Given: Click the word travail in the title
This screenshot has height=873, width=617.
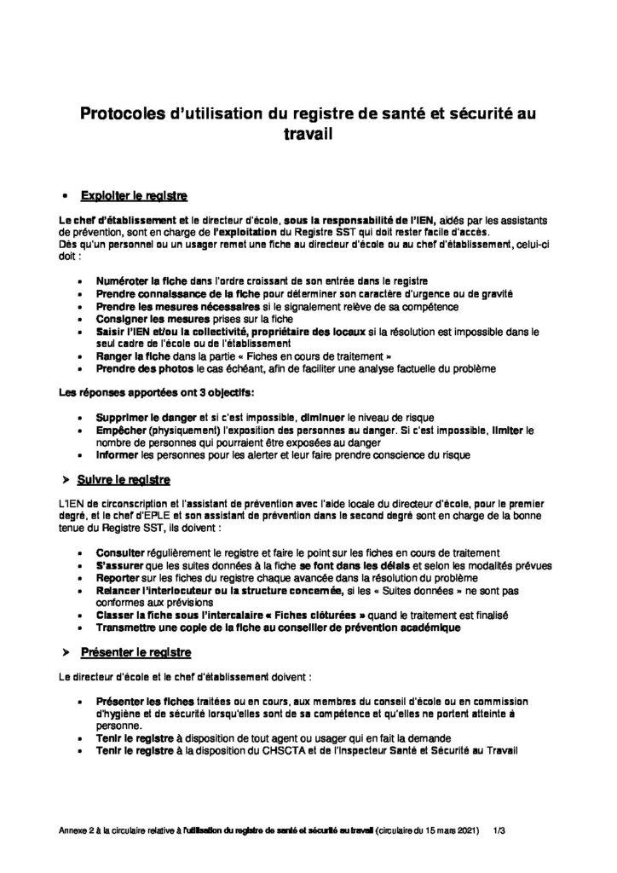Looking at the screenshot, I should (308, 134).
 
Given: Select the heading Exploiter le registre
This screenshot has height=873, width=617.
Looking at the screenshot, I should (134, 195).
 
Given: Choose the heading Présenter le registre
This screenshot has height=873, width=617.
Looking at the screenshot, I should (136, 652).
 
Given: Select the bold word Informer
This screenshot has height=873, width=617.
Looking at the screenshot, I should (118, 455).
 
